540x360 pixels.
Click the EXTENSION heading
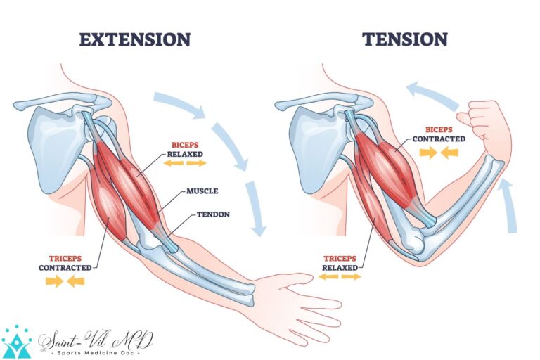pyautogui.click(x=134, y=39)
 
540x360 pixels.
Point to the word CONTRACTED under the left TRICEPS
pyautogui.click(x=65, y=268)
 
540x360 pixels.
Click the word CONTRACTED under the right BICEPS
pyautogui.click(x=439, y=139)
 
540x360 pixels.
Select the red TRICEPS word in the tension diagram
pyautogui.click(x=340, y=257)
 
